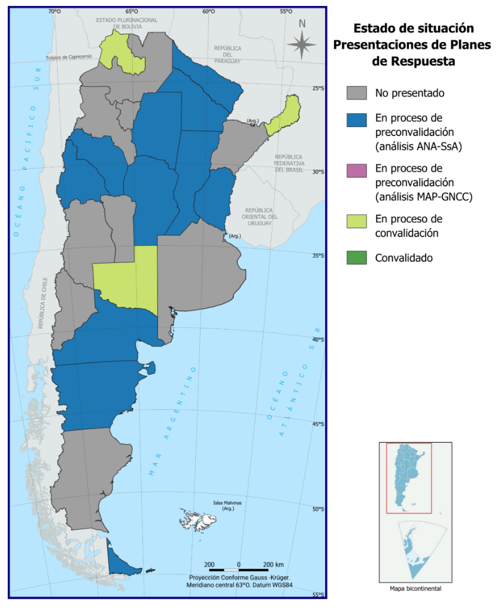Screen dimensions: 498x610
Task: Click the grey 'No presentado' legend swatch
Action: pyautogui.click(x=356, y=93)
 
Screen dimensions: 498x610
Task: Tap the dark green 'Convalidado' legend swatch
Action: pyautogui.click(x=356, y=258)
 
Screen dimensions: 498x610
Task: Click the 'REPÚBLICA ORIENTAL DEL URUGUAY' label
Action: pyautogui.click(x=259, y=216)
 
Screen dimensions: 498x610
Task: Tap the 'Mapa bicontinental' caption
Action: pyautogui.click(x=415, y=588)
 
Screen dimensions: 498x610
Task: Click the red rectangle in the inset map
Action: pyautogui.click(x=409, y=478)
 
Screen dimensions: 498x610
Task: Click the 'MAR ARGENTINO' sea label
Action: pyautogui.click(x=174, y=419)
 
